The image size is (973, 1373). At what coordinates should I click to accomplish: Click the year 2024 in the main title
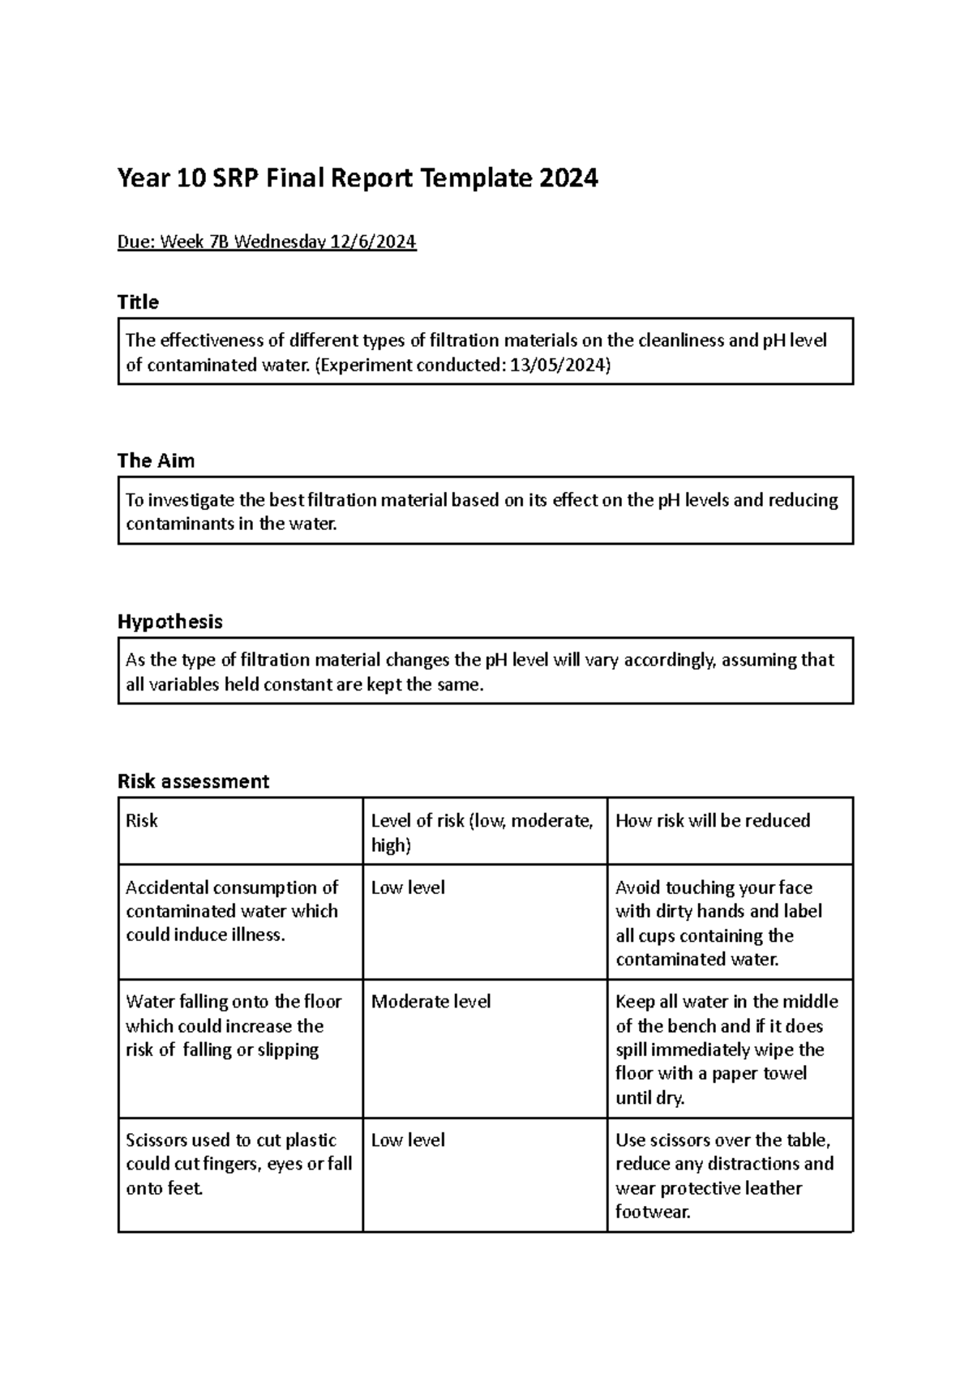click(x=566, y=178)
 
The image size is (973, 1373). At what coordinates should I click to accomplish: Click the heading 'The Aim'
click(x=156, y=461)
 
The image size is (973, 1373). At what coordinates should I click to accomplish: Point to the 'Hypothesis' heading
click(x=169, y=622)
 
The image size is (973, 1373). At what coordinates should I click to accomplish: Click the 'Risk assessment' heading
click(x=193, y=781)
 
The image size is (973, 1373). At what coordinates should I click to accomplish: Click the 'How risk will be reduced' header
click(x=713, y=821)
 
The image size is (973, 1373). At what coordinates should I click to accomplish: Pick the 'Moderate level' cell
click(x=431, y=1002)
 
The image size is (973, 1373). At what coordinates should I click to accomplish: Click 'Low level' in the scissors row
click(x=408, y=1140)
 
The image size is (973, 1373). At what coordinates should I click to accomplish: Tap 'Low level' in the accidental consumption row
click(x=408, y=888)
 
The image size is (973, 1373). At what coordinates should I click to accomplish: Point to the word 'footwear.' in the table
click(x=653, y=1213)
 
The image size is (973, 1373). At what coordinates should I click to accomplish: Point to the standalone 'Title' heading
click(x=138, y=302)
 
